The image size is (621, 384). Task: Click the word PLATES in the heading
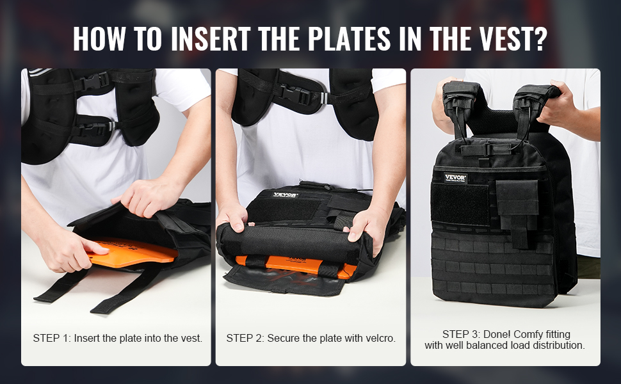(350, 38)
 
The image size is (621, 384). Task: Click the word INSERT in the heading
(210, 38)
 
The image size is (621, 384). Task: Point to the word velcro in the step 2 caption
(380, 339)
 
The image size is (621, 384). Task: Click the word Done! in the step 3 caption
(497, 335)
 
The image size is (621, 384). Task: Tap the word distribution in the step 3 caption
(561, 346)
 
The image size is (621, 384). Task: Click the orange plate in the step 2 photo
(295, 266)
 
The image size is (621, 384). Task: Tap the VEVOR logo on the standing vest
(455, 178)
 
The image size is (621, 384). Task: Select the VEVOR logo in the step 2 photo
(285, 195)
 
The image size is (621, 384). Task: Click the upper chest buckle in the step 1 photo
(94, 81)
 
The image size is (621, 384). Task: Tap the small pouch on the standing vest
(517, 211)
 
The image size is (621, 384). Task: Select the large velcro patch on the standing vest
(460, 204)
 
